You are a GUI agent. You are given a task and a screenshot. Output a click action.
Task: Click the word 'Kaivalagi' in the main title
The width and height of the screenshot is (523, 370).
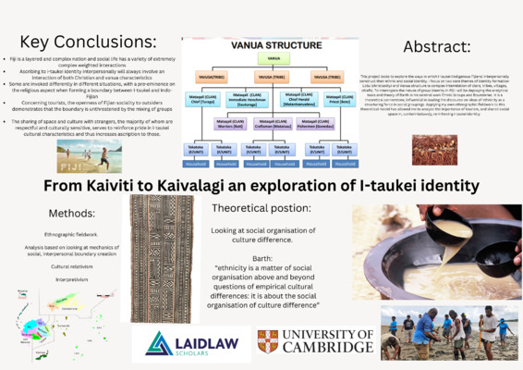[x=209, y=186]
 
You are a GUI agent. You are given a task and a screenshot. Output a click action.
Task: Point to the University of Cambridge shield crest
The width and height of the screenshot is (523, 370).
[x=269, y=341]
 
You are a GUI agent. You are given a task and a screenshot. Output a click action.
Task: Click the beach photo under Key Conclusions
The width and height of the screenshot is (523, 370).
[x=89, y=158]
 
